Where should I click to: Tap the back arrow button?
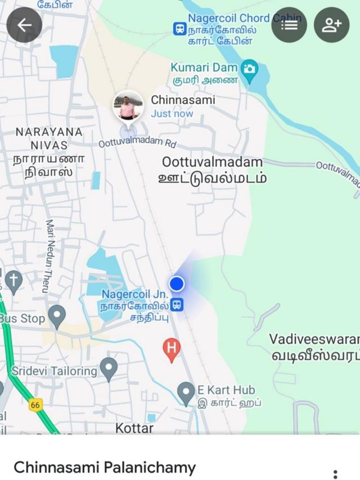[24, 25]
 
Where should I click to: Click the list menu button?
[289, 25]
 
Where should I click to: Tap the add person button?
[331, 25]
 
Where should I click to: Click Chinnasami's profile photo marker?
[128, 106]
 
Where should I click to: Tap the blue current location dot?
[177, 283]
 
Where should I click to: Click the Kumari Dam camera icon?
[249, 69]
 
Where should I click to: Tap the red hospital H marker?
[172, 349]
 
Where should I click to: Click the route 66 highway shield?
[35, 405]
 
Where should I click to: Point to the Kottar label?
[134, 428]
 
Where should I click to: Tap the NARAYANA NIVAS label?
[49, 151]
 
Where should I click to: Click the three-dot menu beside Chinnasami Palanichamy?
[335, 474]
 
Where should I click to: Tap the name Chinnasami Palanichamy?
[105, 467]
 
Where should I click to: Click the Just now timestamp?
[172, 114]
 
